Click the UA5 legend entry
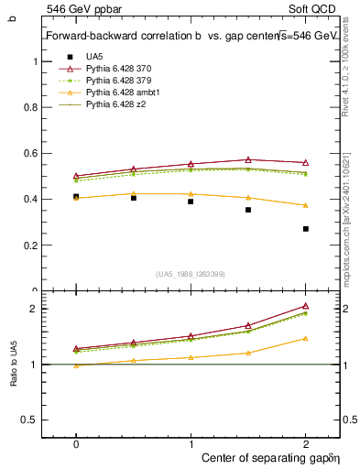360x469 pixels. [94, 57]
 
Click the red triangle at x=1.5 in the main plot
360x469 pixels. [248, 159]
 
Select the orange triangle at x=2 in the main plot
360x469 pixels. [306, 205]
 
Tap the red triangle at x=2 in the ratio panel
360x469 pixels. [306, 306]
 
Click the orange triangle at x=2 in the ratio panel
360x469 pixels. [306, 338]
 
